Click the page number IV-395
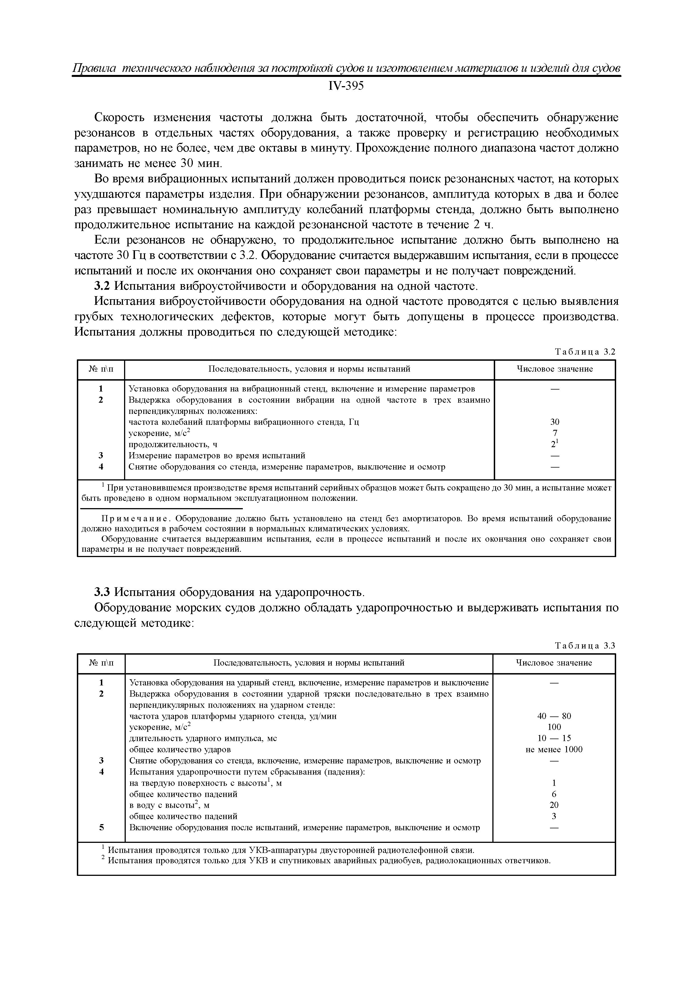click(346, 86)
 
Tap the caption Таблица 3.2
click(585, 352)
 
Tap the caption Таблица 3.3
click(585, 646)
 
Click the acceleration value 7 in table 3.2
click(555, 433)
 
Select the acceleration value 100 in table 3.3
click(554, 727)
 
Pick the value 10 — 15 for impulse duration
click(554, 738)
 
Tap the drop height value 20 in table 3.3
click(554, 805)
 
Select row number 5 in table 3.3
click(101, 827)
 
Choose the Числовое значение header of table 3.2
click(555, 369)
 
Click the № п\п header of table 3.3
click(101, 663)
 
